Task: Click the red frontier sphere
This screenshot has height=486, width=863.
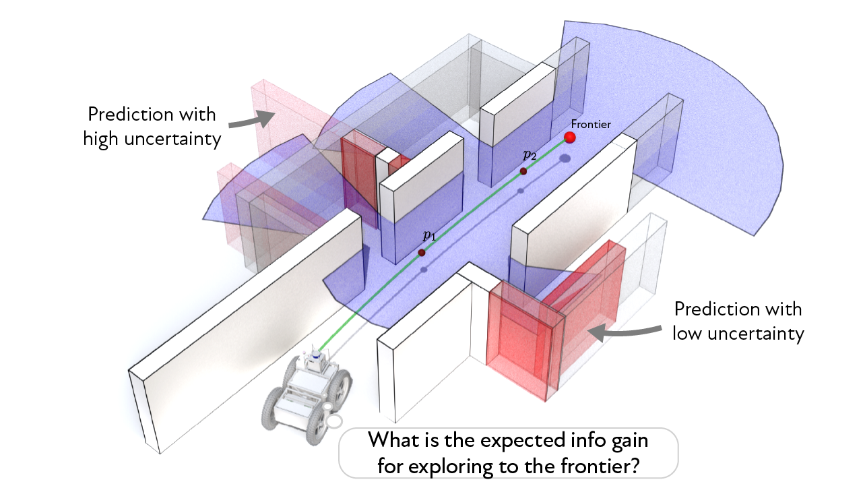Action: click(570, 138)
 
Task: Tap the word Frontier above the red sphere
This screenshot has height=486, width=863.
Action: click(591, 124)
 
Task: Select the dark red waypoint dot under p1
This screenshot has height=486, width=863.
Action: click(422, 252)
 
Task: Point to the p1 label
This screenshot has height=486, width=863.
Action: click(429, 235)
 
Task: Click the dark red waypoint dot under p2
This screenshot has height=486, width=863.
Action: click(522, 171)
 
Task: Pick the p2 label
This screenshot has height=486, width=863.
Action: click(530, 154)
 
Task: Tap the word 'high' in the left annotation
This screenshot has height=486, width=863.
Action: click(103, 139)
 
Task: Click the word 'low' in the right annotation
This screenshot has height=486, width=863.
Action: click(689, 334)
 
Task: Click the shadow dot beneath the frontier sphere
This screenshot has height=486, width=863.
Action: click(565, 159)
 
